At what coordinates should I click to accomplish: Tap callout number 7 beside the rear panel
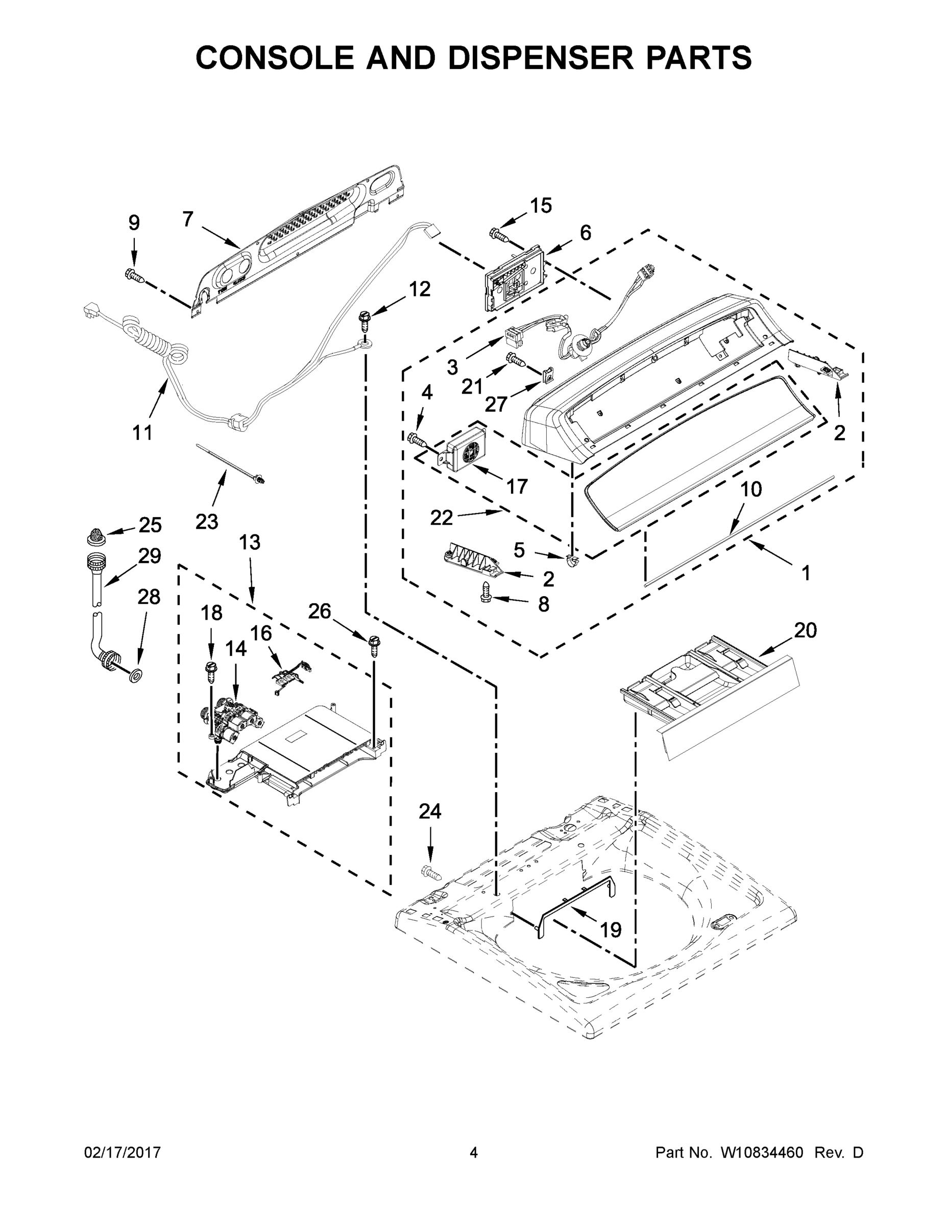188,219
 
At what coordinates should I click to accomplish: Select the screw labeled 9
135,276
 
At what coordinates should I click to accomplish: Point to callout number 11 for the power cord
142,432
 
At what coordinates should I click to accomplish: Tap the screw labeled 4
417,438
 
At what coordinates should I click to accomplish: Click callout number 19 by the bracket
611,930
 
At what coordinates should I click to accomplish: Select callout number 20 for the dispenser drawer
805,630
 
